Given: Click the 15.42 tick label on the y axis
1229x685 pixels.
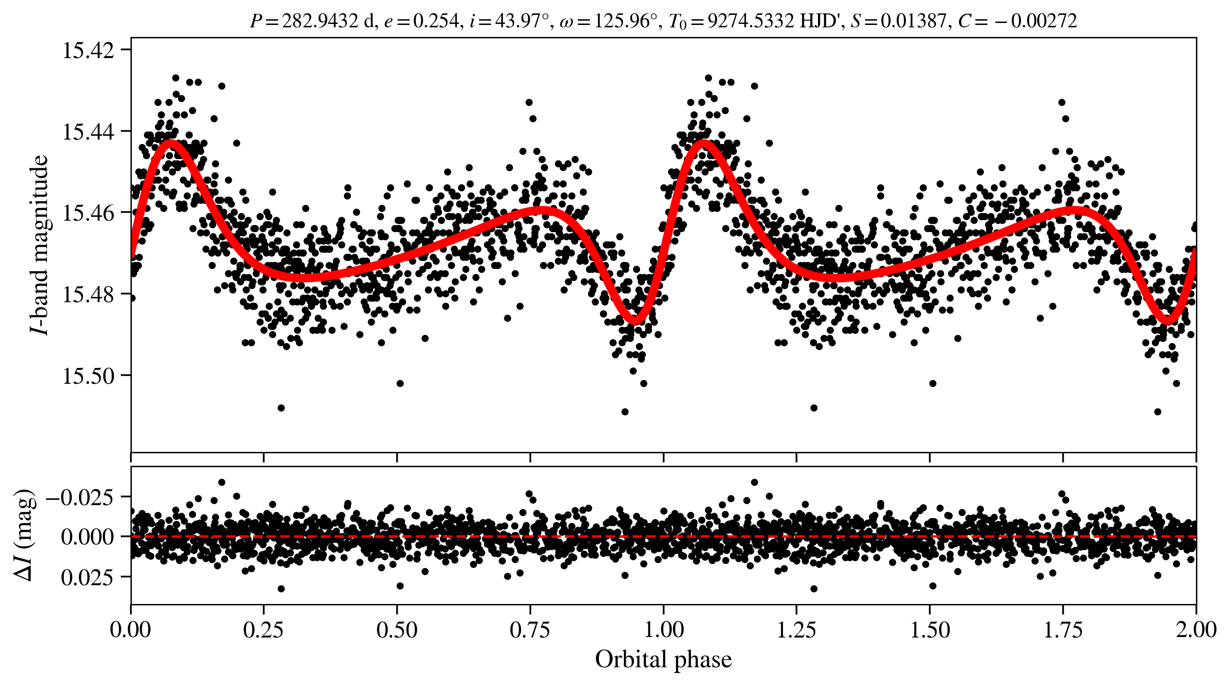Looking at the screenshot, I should coord(89,50).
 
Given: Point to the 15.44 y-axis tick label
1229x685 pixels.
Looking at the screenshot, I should coord(89,132).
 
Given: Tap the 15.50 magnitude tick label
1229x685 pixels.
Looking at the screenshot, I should coord(89,376).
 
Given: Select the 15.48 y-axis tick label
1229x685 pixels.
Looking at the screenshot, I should coord(89,295).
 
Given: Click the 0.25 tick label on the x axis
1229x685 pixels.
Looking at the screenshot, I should coord(263,630).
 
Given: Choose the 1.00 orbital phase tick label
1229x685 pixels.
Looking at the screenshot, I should coord(663,630).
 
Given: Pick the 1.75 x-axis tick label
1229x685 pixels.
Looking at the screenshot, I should coord(1063,630).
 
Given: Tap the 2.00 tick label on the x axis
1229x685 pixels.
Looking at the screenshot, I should coord(1196,630).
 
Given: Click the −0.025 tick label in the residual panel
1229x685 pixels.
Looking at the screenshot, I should coord(80,497).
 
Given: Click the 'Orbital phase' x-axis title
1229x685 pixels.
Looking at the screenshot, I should coord(663,660).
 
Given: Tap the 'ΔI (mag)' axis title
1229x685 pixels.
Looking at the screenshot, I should coord(24,535).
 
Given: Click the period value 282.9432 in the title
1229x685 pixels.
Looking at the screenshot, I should coord(320,21).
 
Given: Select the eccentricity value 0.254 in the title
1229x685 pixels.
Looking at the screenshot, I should coord(436,21).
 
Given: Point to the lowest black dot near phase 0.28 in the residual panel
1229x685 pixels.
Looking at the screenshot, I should coord(281,589).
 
